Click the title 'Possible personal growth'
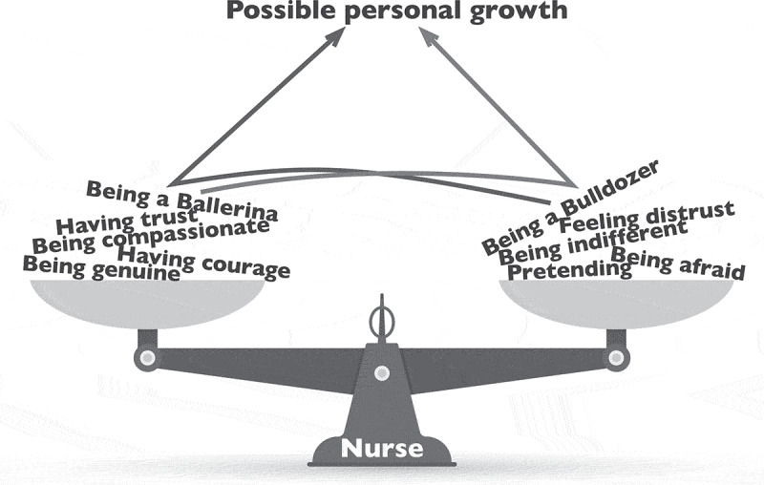pyautogui.click(x=395, y=11)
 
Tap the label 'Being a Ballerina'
pyautogui.click(x=181, y=200)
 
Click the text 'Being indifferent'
pyautogui.click(x=592, y=243)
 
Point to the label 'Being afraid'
pyautogui.click(x=678, y=264)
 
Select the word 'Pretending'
pyautogui.click(x=569, y=271)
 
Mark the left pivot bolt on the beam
pyautogui.click(x=146, y=359)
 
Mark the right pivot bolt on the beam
pyautogui.click(x=617, y=358)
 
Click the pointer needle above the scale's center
pyautogui.click(x=382, y=315)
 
